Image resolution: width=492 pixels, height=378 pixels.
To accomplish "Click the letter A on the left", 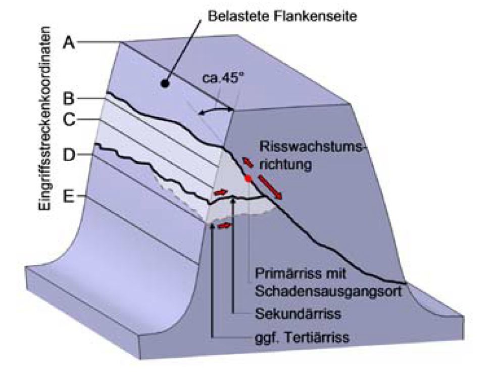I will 69,43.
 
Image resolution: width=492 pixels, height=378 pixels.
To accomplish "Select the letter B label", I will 69,98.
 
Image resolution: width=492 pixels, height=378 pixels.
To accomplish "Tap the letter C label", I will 69,120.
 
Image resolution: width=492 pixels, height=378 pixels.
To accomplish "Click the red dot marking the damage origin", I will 248,178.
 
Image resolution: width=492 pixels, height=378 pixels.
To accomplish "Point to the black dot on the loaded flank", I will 165,85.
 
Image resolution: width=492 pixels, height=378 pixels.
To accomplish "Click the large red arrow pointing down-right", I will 269,187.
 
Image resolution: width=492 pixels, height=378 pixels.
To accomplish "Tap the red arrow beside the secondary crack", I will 220,193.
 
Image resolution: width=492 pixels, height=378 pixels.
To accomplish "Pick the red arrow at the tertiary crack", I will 226,225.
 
